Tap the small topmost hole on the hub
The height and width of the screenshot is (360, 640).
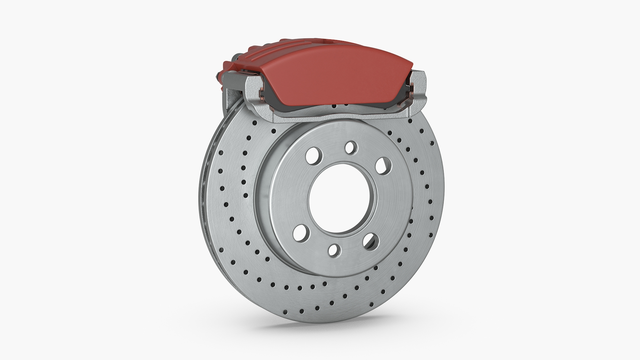click(x=350, y=147)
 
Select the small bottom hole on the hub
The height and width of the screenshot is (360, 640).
click(x=334, y=251)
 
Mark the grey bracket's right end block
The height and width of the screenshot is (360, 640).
click(x=421, y=88)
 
